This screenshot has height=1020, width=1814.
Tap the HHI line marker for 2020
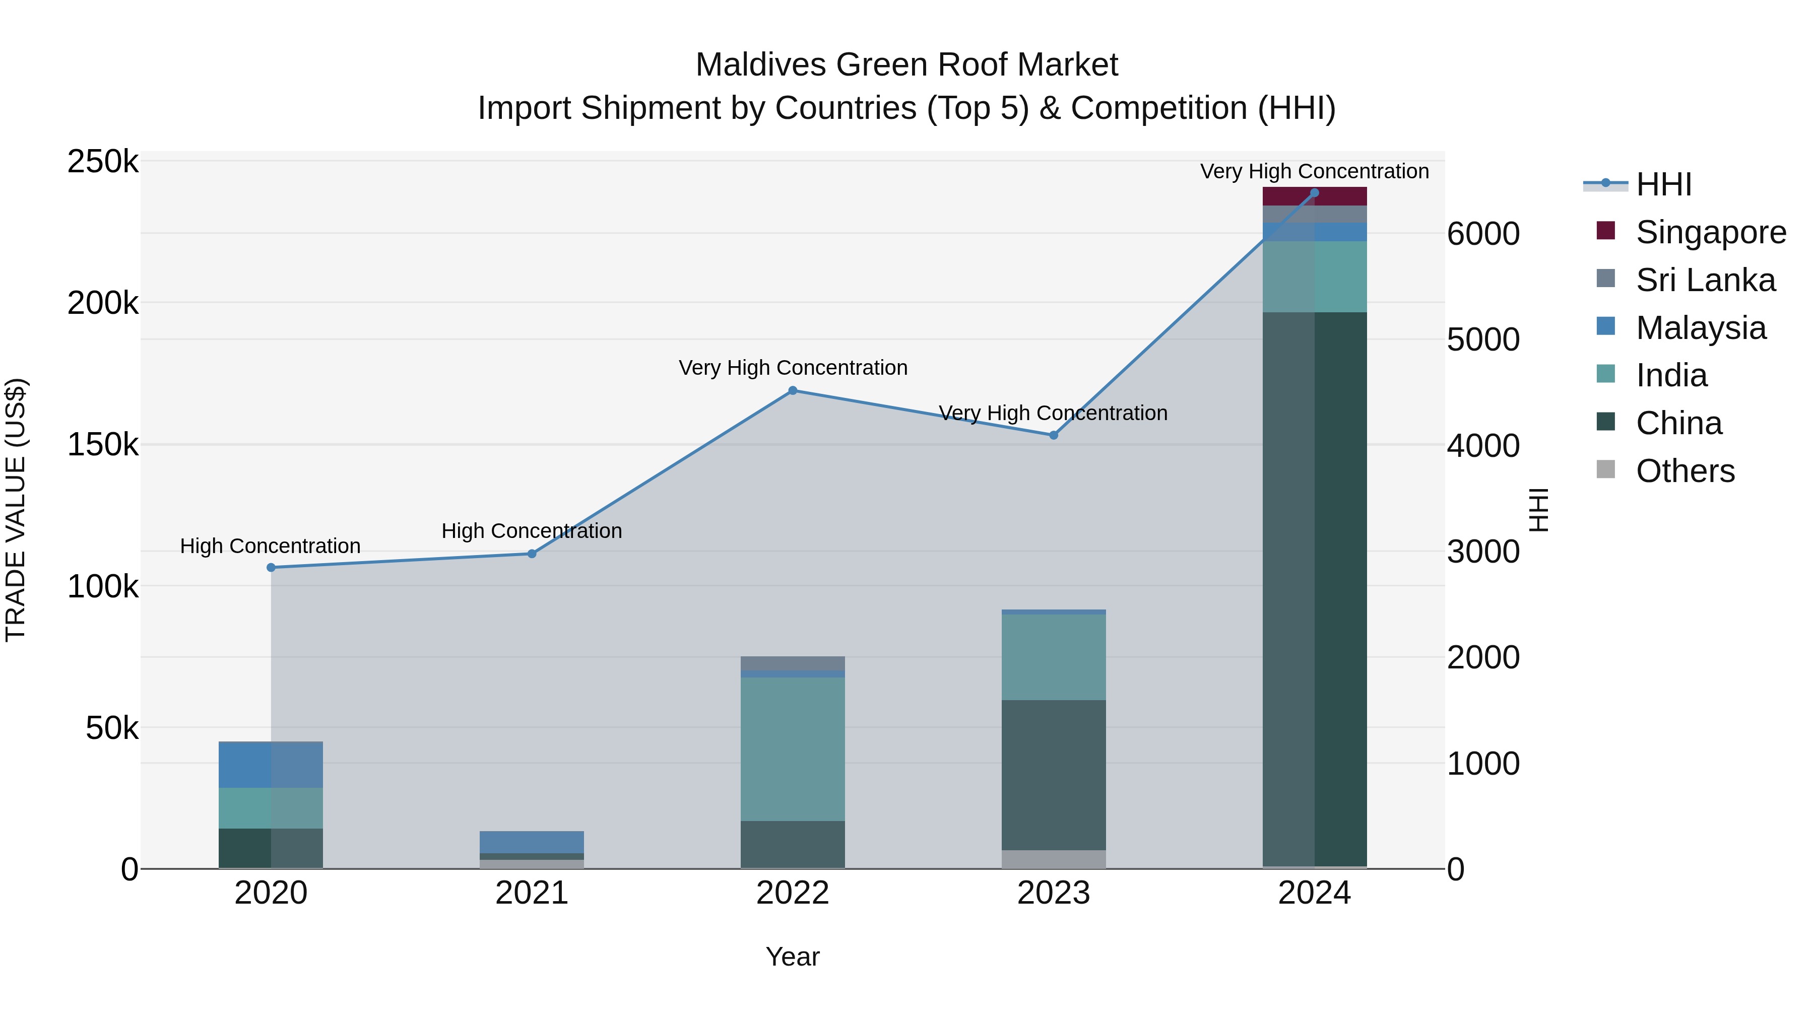tap(271, 567)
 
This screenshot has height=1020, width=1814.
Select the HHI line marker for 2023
tap(1054, 435)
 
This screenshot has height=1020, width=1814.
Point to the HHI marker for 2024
tap(1314, 193)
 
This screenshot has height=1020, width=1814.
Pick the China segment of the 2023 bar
tap(1054, 774)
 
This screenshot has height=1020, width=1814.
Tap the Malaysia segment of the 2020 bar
tap(271, 765)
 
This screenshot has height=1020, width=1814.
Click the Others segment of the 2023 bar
tap(1054, 859)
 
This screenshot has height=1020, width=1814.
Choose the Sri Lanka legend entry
tap(1704, 280)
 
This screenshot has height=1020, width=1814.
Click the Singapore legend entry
tap(1710, 232)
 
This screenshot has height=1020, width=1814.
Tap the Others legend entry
tap(1685, 471)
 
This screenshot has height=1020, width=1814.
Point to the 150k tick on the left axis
tap(103, 445)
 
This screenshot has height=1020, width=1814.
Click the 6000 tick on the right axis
tap(1483, 234)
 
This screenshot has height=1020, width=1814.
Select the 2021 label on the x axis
tap(532, 893)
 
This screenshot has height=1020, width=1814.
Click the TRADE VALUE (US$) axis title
tap(16, 510)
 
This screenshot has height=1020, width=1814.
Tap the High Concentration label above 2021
tap(532, 531)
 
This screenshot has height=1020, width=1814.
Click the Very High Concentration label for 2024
tap(1314, 171)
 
